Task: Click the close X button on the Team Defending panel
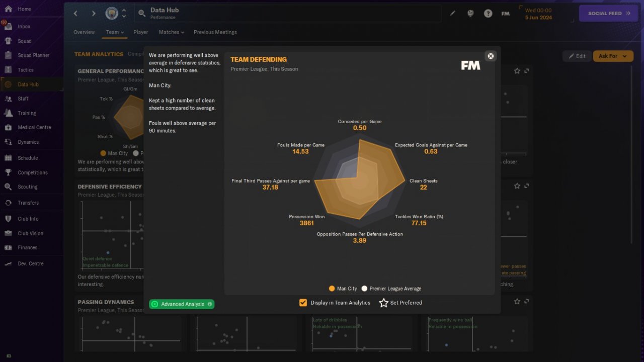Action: coord(491,56)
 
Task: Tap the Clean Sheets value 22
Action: coord(423,188)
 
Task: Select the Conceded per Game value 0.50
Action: coord(360,128)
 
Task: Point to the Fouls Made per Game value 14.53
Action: coord(300,152)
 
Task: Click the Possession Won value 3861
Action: coord(306,223)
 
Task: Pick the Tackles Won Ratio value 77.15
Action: coord(419,223)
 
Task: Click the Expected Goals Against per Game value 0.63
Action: coord(431,152)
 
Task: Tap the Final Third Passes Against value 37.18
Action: coord(270,188)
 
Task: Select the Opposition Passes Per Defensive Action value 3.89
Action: coord(359,241)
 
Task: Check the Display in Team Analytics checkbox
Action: coord(303,303)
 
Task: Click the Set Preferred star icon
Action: coord(384,303)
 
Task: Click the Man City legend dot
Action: coord(332,289)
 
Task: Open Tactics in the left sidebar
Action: coord(26,70)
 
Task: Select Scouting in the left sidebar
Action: coord(28,187)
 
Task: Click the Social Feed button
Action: coord(609,14)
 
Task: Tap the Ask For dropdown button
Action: coord(613,56)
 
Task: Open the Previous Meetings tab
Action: coord(215,32)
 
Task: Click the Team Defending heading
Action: coord(259,59)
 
